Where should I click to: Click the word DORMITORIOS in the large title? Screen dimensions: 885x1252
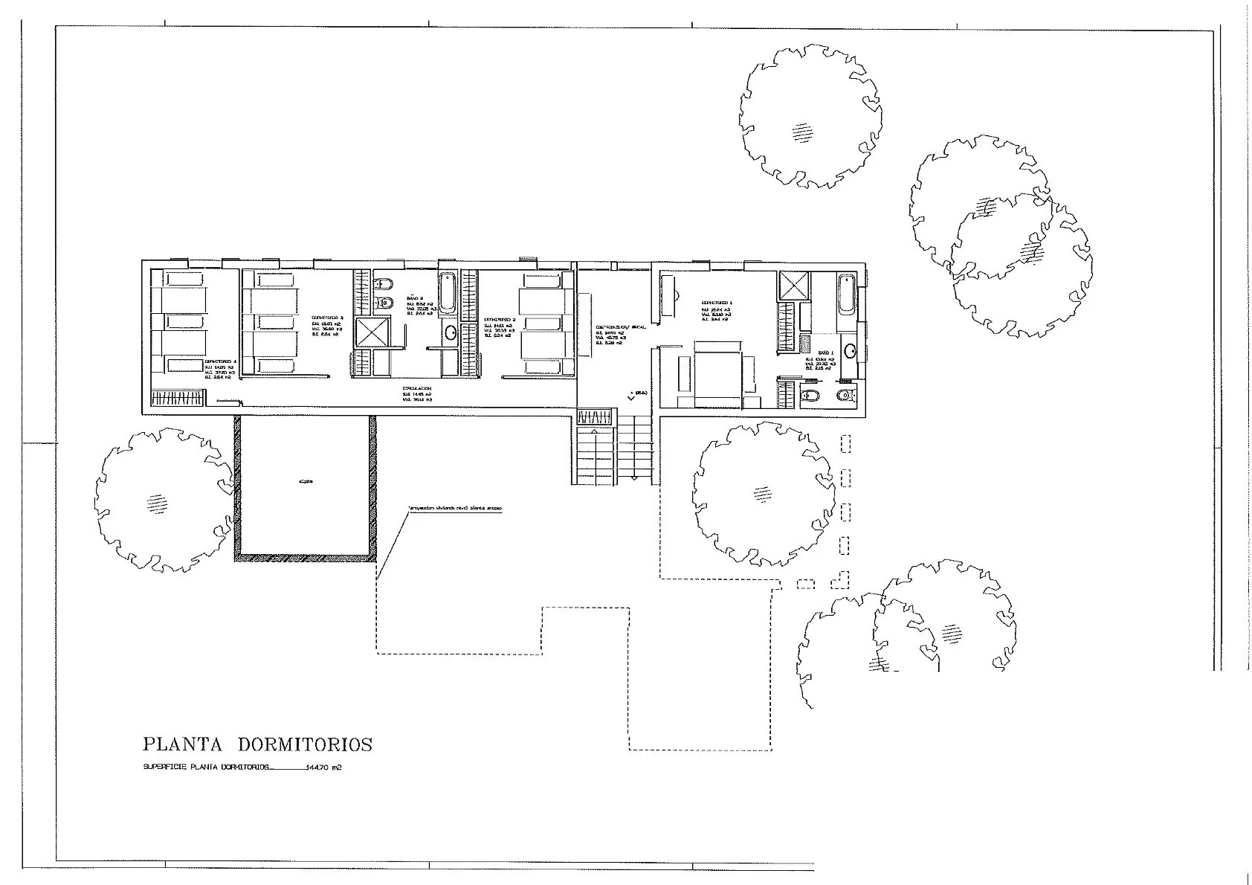(x=305, y=744)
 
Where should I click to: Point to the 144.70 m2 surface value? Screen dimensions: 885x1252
(x=323, y=768)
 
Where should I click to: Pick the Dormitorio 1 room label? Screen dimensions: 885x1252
(x=717, y=303)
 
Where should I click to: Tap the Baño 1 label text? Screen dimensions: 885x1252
(x=826, y=353)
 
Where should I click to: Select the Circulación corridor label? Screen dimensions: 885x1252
(x=417, y=388)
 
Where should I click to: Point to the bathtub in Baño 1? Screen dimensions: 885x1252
(x=846, y=303)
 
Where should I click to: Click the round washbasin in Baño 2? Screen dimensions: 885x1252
(x=451, y=333)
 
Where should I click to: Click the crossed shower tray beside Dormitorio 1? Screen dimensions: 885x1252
(x=788, y=286)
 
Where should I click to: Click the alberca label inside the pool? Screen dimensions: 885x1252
(x=306, y=481)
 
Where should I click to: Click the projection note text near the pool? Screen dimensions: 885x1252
(x=455, y=509)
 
